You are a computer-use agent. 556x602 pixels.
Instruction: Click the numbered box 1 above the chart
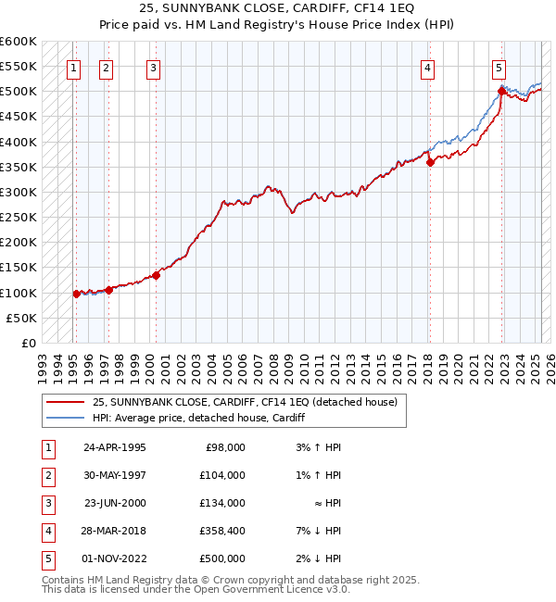73,67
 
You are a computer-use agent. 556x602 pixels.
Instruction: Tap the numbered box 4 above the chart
428,67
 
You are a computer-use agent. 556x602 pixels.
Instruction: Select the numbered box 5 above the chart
499,67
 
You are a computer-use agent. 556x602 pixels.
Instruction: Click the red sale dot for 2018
431,163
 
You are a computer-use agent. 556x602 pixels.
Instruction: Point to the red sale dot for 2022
501,92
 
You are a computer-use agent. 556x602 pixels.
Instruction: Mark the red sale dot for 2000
157,275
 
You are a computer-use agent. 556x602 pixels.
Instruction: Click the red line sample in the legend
66,402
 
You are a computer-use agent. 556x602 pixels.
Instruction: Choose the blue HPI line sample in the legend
66,418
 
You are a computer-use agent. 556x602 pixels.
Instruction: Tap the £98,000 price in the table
224,446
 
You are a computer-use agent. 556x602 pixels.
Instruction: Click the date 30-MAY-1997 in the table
114,474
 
